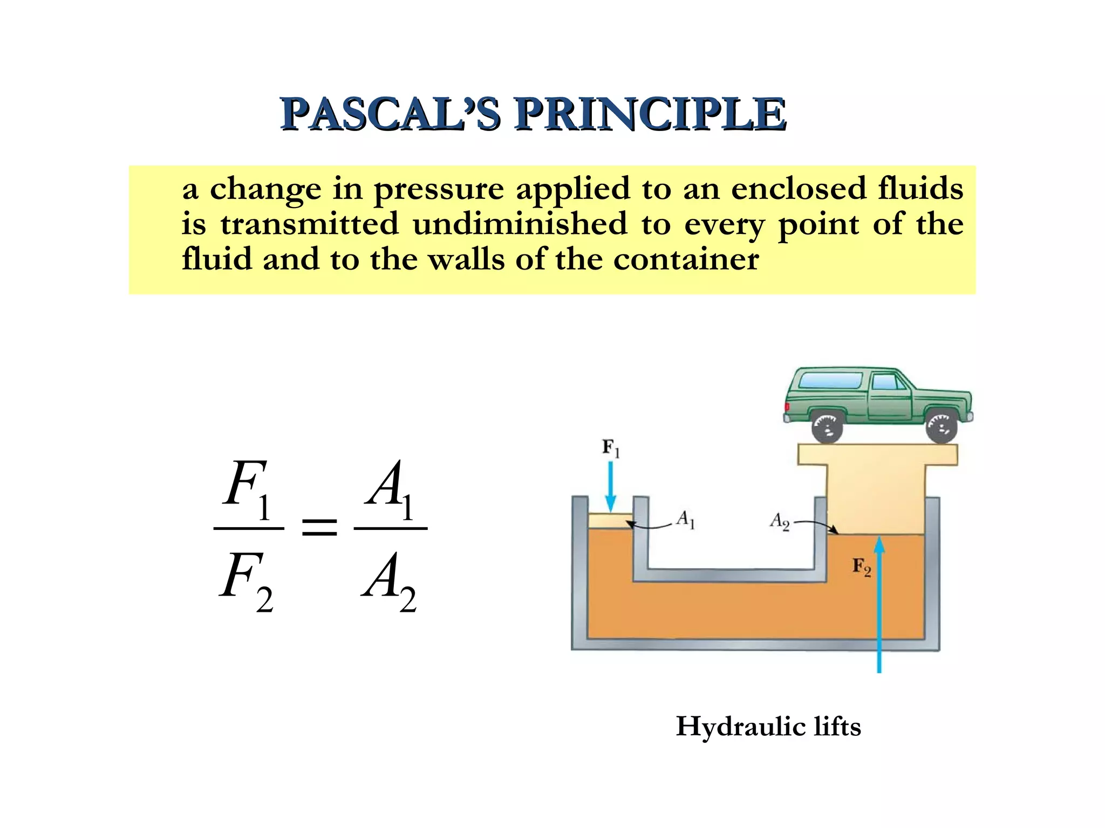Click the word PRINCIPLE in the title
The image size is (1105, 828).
[x=650, y=114]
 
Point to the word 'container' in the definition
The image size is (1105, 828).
[x=686, y=260]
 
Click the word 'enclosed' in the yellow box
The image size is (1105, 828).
[x=798, y=189]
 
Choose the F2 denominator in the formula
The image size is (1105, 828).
[x=246, y=580]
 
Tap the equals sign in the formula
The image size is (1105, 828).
[x=319, y=527]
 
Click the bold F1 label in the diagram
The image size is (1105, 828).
[x=611, y=448]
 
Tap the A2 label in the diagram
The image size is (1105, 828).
[x=780, y=521]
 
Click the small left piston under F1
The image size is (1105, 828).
[x=610, y=521]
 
